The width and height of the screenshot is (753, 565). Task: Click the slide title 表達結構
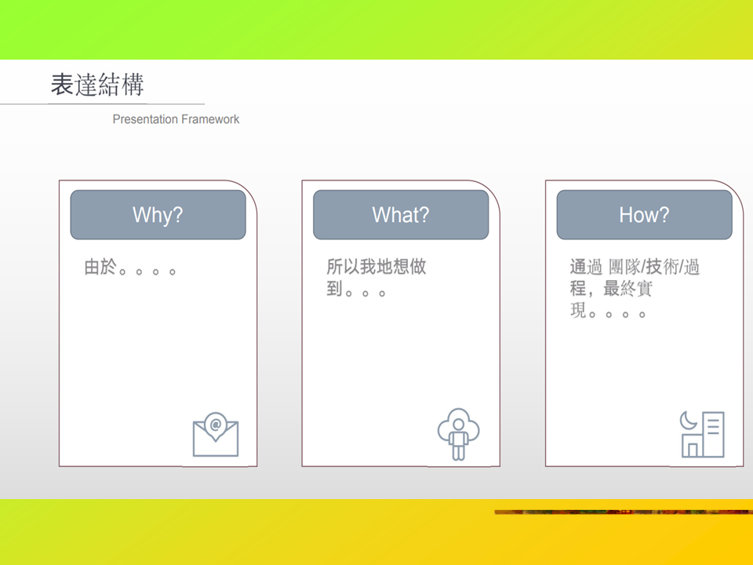pyautogui.click(x=97, y=85)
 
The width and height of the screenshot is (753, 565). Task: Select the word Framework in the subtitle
pyautogui.click(x=210, y=119)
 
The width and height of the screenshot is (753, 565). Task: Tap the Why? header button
pyautogui.click(x=158, y=215)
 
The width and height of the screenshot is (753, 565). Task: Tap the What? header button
pyautogui.click(x=401, y=215)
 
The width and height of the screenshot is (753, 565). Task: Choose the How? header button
pyautogui.click(x=645, y=215)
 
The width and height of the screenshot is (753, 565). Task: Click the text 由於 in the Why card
pyautogui.click(x=100, y=267)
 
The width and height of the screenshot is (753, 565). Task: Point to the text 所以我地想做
pyautogui.click(x=376, y=266)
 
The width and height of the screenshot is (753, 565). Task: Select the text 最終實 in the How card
pyautogui.click(x=627, y=288)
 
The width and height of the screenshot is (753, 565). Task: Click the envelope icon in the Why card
pyautogui.click(x=216, y=434)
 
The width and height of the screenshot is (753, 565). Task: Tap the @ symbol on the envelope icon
pyautogui.click(x=216, y=425)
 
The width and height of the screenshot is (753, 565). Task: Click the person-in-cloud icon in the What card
pyautogui.click(x=459, y=434)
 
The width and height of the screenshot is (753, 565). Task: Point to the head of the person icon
pyautogui.click(x=459, y=425)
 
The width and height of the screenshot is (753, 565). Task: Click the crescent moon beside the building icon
pyautogui.click(x=688, y=421)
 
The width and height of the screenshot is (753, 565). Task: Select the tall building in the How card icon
pyautogui.click(x=713, y=434)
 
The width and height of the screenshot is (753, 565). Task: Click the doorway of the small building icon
pyautogui.click(x=693, y=450)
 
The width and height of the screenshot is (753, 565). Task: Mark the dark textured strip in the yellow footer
pyautogui.click(x=624, y=512)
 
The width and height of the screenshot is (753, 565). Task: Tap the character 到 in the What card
pyautogui.click(x=334, y=288)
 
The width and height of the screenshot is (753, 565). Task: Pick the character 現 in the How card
pyautogui.click(x=578, y=311)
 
